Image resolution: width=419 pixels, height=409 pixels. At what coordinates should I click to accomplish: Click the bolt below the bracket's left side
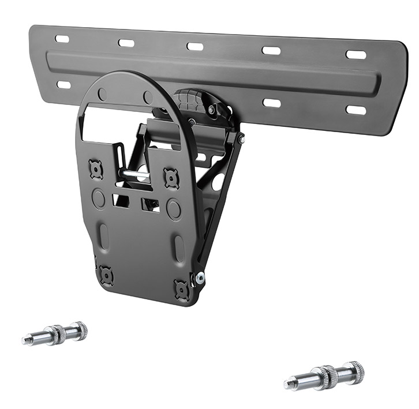55,333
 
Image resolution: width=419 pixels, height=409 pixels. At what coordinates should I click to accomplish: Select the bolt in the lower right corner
325,376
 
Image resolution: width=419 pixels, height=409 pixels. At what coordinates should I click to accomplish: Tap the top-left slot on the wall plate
62,39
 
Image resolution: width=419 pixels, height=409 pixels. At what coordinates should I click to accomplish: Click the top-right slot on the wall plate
356,55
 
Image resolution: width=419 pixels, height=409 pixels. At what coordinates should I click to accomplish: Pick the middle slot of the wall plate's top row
195,46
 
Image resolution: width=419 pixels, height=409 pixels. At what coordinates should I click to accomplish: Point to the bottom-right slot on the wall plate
356,110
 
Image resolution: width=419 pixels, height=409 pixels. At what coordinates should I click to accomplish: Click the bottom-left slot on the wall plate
63,85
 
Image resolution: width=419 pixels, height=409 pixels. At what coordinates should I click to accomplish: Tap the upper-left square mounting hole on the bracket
96,169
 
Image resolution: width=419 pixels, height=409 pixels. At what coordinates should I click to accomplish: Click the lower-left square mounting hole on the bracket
106,275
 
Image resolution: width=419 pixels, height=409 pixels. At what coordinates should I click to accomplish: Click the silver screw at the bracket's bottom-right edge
200,278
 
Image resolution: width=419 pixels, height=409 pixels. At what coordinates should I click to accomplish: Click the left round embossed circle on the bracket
99,199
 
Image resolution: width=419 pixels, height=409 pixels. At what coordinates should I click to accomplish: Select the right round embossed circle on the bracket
174,209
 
